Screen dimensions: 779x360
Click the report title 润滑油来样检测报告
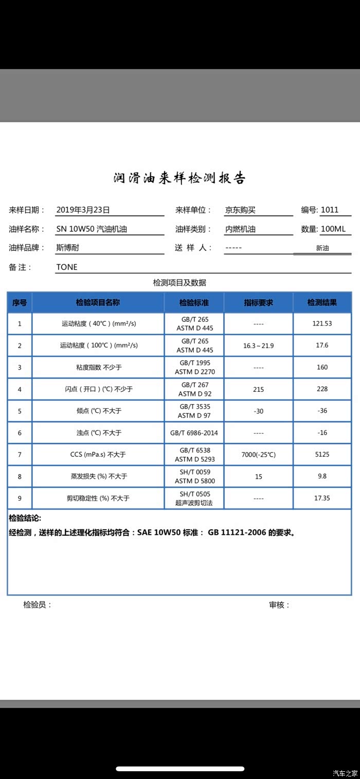tap(179, 178)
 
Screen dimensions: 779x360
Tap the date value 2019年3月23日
tap(83, 210)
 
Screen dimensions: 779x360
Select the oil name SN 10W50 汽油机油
tap(92, 229)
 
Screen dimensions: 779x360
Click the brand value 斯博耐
tap(67, 248)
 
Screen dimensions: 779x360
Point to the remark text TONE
tap(67, 267)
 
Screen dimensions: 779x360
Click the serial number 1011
tap(330, 210)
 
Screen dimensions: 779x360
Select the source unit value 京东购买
tap(240, 210)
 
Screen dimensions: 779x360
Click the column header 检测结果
tap(322, 303)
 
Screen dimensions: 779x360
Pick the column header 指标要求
tap(258, 303)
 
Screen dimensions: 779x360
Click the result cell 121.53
tap(322, 324)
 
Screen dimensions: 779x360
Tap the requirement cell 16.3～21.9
tap(258, 346)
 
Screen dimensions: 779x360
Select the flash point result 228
tap(322, 389)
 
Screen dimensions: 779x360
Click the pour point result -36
tap(322, 411)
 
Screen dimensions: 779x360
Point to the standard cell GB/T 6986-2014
tap(194, 433)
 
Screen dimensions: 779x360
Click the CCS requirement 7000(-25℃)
tap(258, 455)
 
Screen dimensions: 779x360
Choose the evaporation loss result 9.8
tap(322, 476)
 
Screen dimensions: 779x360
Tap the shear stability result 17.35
tap(322, 498)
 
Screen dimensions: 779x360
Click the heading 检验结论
tap(25, 518)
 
